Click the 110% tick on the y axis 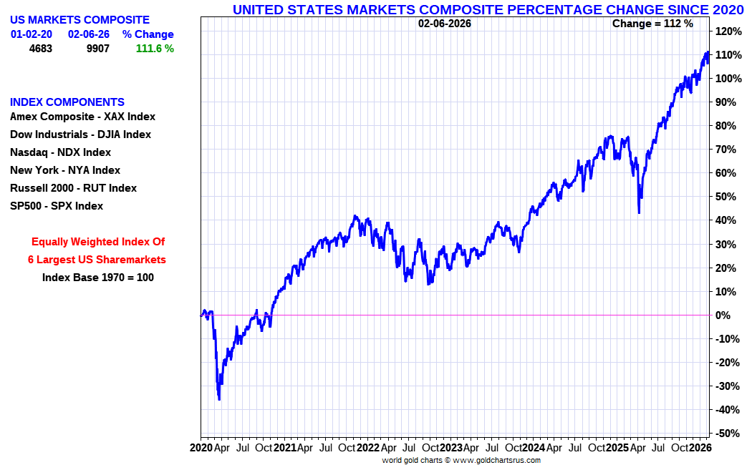pos(728,55)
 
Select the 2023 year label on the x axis pos(451,448)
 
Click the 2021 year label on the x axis pos(285,448)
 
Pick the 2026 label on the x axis pos(700,448)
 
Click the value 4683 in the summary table pos(41,49)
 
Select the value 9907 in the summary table pos(98,49)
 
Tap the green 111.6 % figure pos(155,49)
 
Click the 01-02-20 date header pos(32,34)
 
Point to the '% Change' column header pos(148,34)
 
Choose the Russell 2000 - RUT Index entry pos(73,188)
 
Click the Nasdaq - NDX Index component pos(60,152)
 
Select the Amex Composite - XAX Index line pos(82,117)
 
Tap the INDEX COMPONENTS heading pos(67,102)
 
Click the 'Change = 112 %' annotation pos(652,24)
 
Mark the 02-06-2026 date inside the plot pos(445,24)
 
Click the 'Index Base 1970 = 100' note pos(98,278)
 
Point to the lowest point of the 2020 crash pos(219,399)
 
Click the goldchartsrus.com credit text pos(461,461)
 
